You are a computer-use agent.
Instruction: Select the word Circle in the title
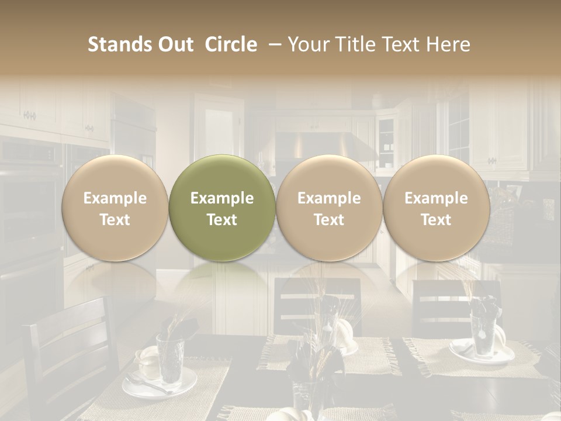(231, 44)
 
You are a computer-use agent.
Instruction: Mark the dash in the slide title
(272, 44)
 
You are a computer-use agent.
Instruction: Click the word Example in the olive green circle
(222, 198)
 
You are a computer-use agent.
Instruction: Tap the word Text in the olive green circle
(222, 220)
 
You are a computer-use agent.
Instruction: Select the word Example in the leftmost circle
(115, 198)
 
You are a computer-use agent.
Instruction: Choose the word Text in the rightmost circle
(437, 220)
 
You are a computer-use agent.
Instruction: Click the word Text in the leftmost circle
(115, 220)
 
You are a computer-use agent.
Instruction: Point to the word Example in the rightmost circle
(437, 198)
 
